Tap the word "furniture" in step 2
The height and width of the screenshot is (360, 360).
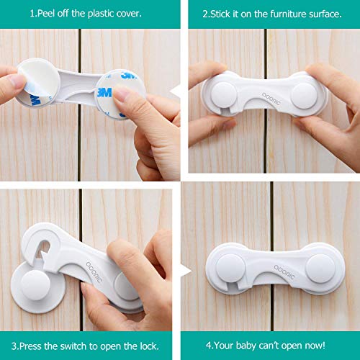[280, 14]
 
